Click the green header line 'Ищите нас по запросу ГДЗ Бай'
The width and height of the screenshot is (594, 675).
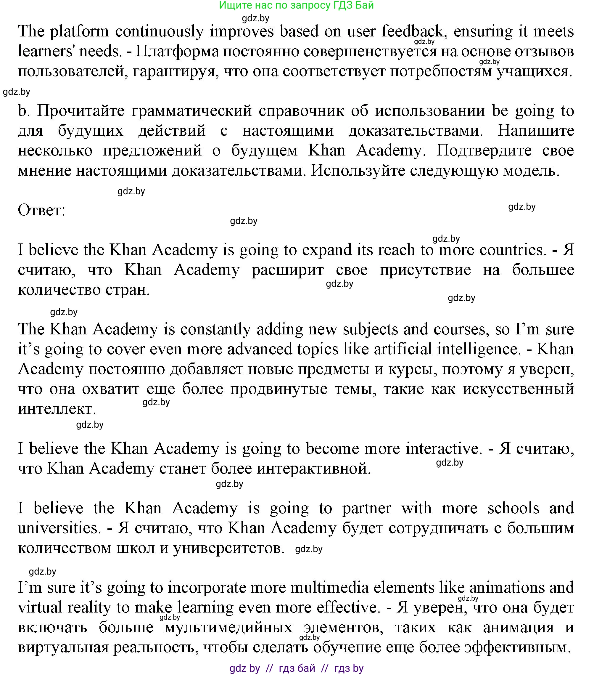[296, 6]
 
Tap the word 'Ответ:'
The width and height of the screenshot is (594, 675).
[41, 210]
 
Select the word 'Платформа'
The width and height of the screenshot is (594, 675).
[178, 52]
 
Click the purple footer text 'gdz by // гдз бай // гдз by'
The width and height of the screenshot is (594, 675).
[296, 668]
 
